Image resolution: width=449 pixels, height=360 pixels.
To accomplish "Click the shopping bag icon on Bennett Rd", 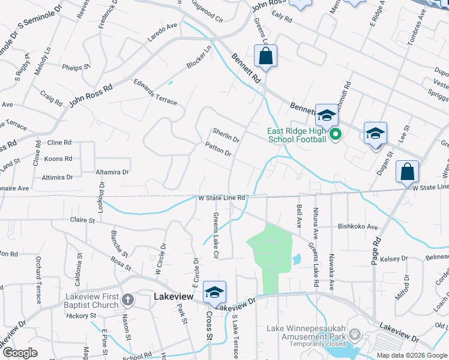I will click(x=265, y=56).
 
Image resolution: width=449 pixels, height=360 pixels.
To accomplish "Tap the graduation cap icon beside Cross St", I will click(x=214, y=292).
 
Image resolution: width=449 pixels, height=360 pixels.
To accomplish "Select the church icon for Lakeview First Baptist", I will click(x=127, y=299).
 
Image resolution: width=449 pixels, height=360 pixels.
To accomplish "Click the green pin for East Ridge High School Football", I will click(x=336, y=134).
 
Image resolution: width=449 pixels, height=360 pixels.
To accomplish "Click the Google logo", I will click(x=20, y=353).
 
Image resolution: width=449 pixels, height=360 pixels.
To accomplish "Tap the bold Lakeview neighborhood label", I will click(x=173, y=296).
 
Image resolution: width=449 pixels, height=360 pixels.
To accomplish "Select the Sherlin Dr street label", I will click(x=226, y=134).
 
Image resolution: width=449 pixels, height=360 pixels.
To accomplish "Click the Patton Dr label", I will click(x=218, y=149).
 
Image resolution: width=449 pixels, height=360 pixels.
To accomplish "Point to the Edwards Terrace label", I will click(x=155, y=92).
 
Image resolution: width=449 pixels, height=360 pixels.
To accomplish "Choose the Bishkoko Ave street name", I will click(x=358, y=227).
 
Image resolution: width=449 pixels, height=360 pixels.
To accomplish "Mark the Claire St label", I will click(x=83, y=220).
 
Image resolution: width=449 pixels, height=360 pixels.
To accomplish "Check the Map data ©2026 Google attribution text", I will click(x=412, y=355).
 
